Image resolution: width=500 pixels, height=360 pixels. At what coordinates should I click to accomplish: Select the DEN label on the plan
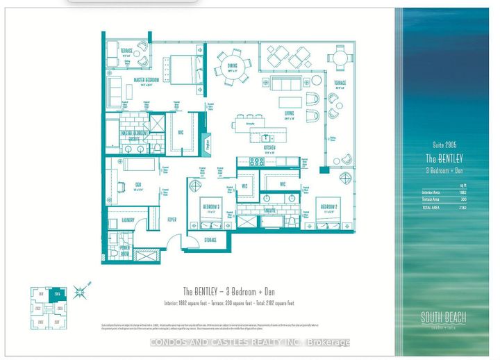click(139, 184)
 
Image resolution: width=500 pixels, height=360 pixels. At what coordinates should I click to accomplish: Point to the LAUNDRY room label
click(127, 220)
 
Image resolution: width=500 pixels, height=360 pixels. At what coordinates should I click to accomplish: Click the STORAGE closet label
click(210, 240)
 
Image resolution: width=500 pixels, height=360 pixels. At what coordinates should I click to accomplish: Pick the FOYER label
click(172, 220)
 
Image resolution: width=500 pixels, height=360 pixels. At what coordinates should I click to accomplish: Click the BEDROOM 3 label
click(211, 206)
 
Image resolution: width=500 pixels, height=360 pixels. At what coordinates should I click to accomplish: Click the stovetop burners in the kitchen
click(256, 161)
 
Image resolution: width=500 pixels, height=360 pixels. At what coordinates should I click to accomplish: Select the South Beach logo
click(442, 318)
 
